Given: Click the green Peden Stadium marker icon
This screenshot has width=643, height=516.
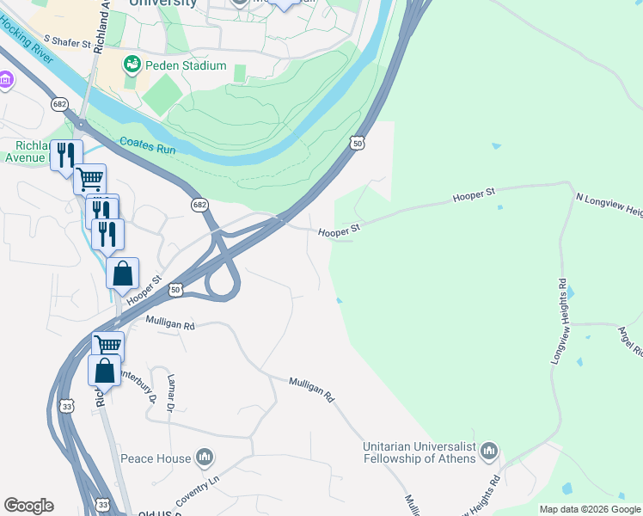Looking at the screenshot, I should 132,64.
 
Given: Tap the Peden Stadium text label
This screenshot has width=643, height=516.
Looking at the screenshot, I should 186,65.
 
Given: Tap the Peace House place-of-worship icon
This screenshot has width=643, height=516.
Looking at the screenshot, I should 205,458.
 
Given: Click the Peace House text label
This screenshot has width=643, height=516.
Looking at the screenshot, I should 156,458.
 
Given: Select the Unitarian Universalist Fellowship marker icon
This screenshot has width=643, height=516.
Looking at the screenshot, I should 489,451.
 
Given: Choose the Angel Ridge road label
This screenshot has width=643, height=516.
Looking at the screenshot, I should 631,341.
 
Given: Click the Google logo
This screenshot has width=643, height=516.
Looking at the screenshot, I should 28,506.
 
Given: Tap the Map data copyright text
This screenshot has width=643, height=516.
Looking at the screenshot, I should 590,509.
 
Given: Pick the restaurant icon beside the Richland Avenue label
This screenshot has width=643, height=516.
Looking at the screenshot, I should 64,155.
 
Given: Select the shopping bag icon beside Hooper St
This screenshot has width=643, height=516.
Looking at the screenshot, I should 123,273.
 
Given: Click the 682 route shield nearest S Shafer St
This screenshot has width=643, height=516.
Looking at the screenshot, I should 58,104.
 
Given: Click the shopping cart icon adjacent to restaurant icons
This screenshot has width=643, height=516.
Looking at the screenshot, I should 89,179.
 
